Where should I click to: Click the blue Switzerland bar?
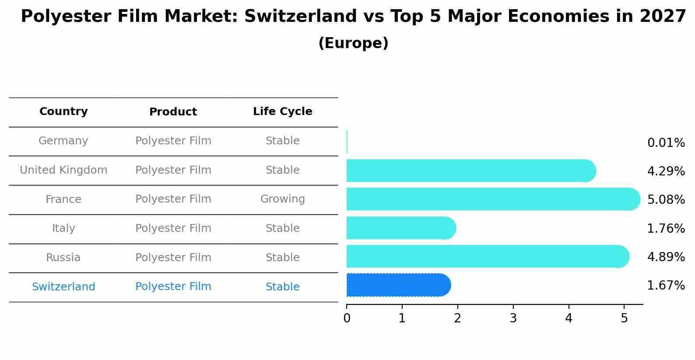398,285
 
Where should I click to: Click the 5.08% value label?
666,200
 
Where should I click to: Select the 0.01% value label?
666,143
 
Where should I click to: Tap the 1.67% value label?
666,286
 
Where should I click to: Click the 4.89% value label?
666,257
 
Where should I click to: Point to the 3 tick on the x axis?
513,318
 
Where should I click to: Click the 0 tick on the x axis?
347,318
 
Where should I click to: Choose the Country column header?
63,112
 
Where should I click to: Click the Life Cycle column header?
282,112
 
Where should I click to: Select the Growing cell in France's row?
282,199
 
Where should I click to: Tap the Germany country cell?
63,141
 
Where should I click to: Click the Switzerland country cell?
63,287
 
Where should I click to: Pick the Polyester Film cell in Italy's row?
173,228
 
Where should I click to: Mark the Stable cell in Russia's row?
282,258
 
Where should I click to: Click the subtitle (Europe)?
353,43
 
